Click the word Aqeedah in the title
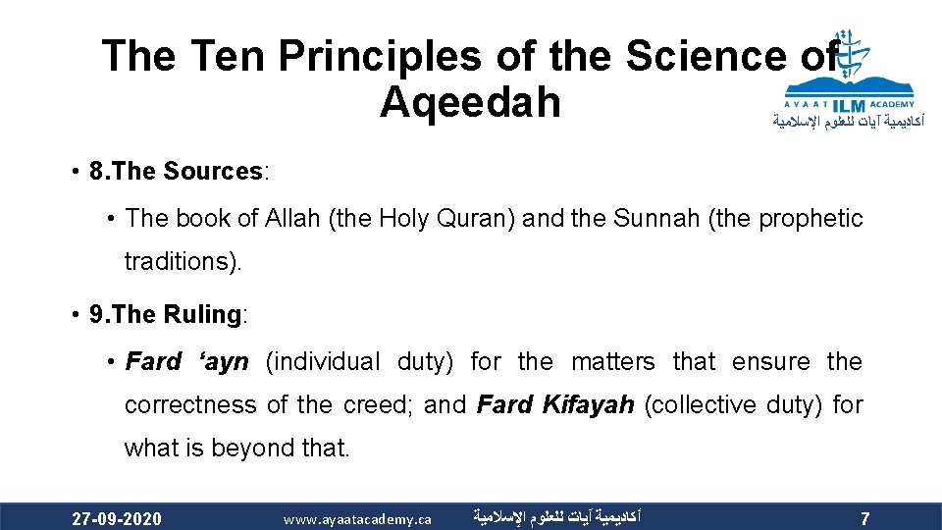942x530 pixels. coord(470,101)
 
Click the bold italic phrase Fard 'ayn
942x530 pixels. coord(186,362)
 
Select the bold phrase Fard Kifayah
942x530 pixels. coord(555,405)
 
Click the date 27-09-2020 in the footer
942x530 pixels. coord(117,518)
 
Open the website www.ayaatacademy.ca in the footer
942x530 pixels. coord(357,518)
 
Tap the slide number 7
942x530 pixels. coord(863,518)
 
